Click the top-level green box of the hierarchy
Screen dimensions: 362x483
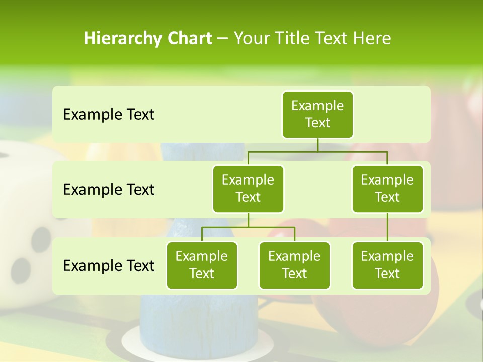(317, 114)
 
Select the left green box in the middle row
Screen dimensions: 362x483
(248, 189)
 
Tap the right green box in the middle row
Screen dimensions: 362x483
(387, 189)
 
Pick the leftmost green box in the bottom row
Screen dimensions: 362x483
(202, 265)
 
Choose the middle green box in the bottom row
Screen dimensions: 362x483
(294, 265)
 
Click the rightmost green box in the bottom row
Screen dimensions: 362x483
(387, 265)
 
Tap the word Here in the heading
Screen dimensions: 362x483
(372, 38)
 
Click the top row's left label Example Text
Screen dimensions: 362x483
(109, 114)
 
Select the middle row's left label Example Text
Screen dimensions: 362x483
(109, 189)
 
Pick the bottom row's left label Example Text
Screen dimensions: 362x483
(109, 265)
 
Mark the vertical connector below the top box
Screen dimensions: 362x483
(317, 145)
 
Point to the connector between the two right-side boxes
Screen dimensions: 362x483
(387, 227)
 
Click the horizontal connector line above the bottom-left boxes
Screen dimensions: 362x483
(248, 227)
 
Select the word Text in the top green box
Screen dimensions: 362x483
(317, 123)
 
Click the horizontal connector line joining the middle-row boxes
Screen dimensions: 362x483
(317, 151)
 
